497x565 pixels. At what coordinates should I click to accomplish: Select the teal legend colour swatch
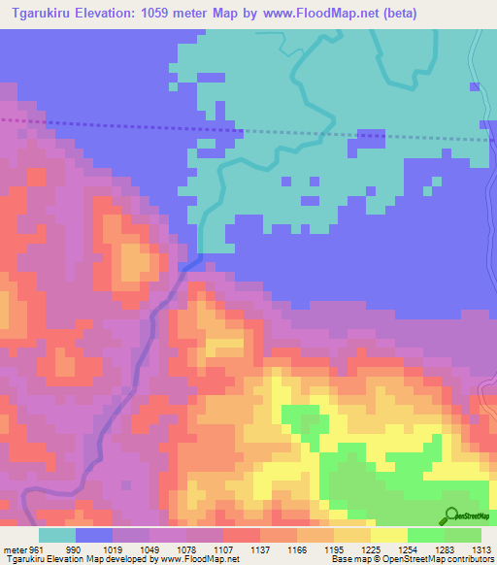click(x=57, y=535)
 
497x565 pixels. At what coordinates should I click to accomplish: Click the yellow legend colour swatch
click(x=389, y=535)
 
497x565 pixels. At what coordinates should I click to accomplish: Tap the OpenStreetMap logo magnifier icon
click(x=450, y=515)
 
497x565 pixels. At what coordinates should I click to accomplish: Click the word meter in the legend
click(x=15, y=548)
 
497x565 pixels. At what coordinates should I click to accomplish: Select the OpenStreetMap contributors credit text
click(x=423, y=559)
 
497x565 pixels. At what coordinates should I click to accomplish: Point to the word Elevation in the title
click(x=109, y=13)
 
